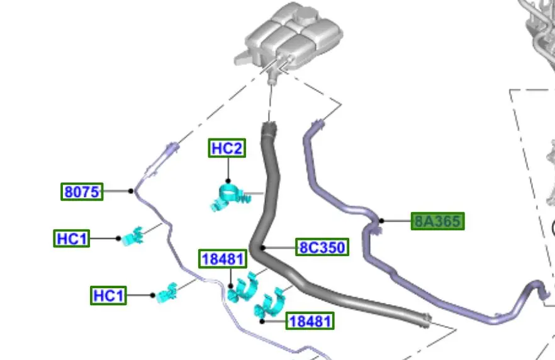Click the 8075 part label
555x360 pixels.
tap(82, 191)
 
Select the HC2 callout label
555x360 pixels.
tap(227, 149)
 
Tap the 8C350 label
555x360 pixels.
tap(322, 247)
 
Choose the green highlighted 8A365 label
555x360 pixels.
tap(437, 221)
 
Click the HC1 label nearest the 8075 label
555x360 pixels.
tap(72, 239)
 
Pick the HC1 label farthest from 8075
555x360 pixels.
tap(109, 295)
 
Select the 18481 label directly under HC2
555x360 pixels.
tap(223, 259)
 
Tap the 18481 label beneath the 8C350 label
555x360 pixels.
tap(309, 321)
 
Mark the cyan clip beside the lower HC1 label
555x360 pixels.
tap(168, 293)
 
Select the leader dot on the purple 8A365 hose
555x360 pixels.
tap(381, 221)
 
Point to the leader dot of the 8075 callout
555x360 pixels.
tap(131, 191)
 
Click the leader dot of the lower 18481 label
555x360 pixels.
tap(262, 321)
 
